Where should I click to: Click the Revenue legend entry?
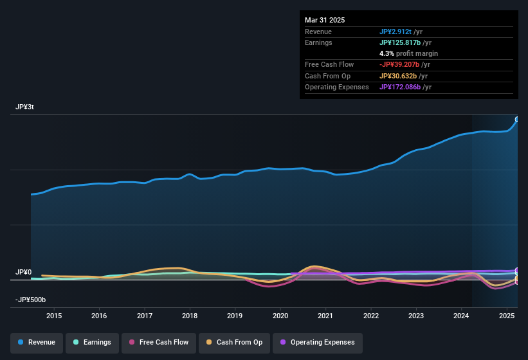point(37,343)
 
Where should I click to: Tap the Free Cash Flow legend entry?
point(159,343)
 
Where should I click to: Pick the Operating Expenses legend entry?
point(318,343)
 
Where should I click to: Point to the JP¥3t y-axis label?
point(25,107)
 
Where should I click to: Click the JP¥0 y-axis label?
point(23,273)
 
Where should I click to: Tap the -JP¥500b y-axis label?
point(31,300)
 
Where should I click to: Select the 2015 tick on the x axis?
point(54,316)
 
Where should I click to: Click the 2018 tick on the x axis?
point(190,316)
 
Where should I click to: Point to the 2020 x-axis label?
point(280,316)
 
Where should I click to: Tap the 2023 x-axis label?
point(416,316)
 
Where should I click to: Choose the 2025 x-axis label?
point(507,316)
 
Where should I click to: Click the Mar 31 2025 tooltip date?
point(325,20)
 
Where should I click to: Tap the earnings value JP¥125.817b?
point(401,42)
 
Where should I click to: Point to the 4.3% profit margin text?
point(408,53)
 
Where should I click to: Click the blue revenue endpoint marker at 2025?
point(517,120)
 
